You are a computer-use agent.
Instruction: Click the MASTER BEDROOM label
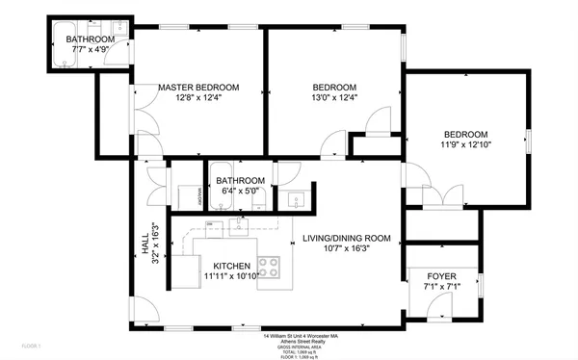(x=197, y=86)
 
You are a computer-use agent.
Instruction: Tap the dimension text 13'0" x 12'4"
(x=334, y=97)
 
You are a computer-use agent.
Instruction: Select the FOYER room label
(x=441, y=275)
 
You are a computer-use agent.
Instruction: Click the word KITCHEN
(x=232, y=266)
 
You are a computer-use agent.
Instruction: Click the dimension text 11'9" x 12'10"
(x=465, y=145)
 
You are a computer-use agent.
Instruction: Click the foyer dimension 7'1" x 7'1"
(x=441, y=286)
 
